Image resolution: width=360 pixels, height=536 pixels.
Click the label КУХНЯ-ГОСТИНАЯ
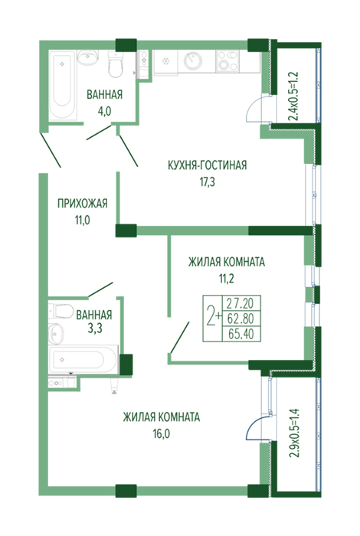207,165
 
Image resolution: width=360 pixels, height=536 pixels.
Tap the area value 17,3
207,182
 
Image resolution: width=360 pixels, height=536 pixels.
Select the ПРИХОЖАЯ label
82,204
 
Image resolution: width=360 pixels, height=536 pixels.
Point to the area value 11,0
83,221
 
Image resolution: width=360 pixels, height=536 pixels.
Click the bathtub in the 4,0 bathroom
62,86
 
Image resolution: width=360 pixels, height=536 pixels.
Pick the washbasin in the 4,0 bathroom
88,57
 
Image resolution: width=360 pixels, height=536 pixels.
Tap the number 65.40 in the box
241,334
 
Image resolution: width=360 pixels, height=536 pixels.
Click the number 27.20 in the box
241,303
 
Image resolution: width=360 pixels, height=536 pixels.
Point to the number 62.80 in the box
241,319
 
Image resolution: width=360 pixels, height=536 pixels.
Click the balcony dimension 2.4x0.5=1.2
294,96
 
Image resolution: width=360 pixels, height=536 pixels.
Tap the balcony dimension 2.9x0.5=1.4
294,433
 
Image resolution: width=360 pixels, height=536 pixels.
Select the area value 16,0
162,434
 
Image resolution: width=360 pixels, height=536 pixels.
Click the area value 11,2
226,279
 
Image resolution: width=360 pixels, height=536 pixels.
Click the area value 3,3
95,328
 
